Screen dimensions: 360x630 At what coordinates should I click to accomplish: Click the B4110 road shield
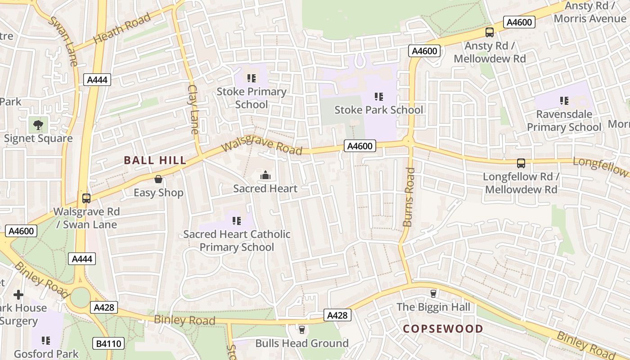click(x=108, y=344)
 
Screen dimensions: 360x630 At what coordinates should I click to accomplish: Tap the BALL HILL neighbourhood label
click(x=155, y=160)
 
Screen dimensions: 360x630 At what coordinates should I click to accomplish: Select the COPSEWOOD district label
click(x=443, y=329)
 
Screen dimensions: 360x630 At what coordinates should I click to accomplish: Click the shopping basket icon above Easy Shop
click(x=158, y=179)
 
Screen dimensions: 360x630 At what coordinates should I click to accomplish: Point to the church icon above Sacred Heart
click(x=265, y=175)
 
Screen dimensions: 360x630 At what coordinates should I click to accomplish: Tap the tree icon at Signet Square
click(x=38, y=124)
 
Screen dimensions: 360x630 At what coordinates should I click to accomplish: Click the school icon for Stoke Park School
click(x=379, y=96)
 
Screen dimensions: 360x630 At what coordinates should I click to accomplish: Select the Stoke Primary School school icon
click(x=252, y=78)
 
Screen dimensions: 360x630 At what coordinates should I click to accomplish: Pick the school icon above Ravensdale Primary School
click(x=564, y=100)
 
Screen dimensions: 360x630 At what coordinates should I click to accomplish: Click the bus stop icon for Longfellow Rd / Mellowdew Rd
click(x=521, y=163)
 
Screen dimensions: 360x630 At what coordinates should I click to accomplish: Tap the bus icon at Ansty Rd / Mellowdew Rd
click(x=489, y=32)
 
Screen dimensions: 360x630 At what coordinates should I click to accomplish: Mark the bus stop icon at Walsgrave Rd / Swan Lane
click(x=86, y=198)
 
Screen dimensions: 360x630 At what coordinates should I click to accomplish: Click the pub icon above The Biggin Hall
click(x=433, y=293)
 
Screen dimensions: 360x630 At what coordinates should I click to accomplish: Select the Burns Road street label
click(x=409, y=197)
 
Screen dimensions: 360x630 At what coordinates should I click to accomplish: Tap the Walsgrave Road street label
click(x=262, y=147)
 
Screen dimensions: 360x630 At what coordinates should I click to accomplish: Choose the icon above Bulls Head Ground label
click(x=302, y=330)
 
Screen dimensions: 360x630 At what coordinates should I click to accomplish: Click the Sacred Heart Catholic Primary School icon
click(x=237, y=220)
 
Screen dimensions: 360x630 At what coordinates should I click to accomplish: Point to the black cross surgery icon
click(x=18, y=295)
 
